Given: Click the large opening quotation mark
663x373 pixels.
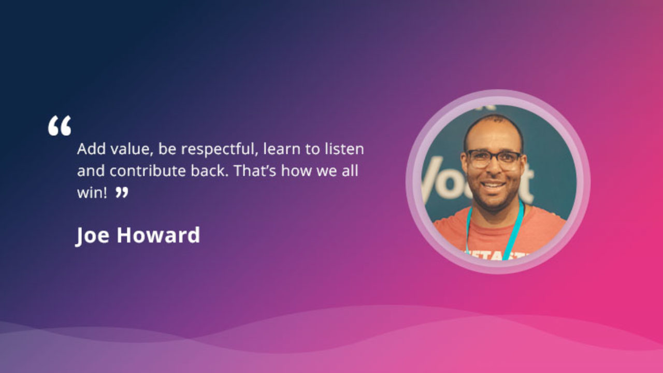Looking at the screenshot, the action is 60,126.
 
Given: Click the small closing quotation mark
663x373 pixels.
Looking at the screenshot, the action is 122,192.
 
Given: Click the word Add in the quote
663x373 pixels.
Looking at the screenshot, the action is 92,149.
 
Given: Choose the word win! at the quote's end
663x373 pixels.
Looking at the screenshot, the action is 92,193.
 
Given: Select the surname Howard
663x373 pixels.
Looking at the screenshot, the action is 158,235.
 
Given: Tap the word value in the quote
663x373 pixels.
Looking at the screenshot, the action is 132,149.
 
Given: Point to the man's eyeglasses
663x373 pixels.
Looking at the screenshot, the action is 494,159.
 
